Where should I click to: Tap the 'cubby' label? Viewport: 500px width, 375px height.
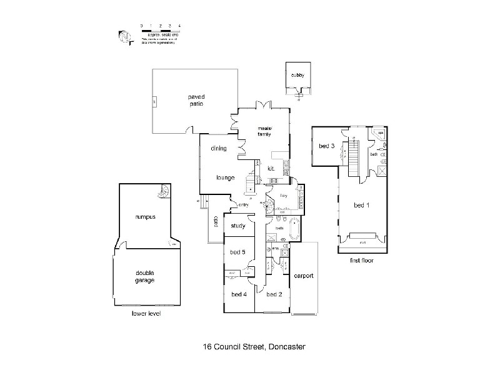(297, 76)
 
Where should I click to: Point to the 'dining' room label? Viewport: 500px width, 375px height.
(218, 149)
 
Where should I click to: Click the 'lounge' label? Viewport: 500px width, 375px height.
(225, 177)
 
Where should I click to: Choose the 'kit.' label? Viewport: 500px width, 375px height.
(272, 169)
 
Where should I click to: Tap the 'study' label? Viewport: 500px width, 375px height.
(238, 226)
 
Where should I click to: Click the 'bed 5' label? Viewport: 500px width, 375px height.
(239, 252)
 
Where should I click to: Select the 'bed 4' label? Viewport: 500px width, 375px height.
(239, 294)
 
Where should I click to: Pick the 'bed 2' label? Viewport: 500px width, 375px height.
(274, 294)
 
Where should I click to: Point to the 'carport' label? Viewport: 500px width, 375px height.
(303, 276)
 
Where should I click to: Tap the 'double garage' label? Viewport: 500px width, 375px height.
(145, 276)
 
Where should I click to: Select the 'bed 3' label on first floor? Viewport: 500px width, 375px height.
(327, 146)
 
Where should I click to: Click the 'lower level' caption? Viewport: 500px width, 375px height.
(146, 313)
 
